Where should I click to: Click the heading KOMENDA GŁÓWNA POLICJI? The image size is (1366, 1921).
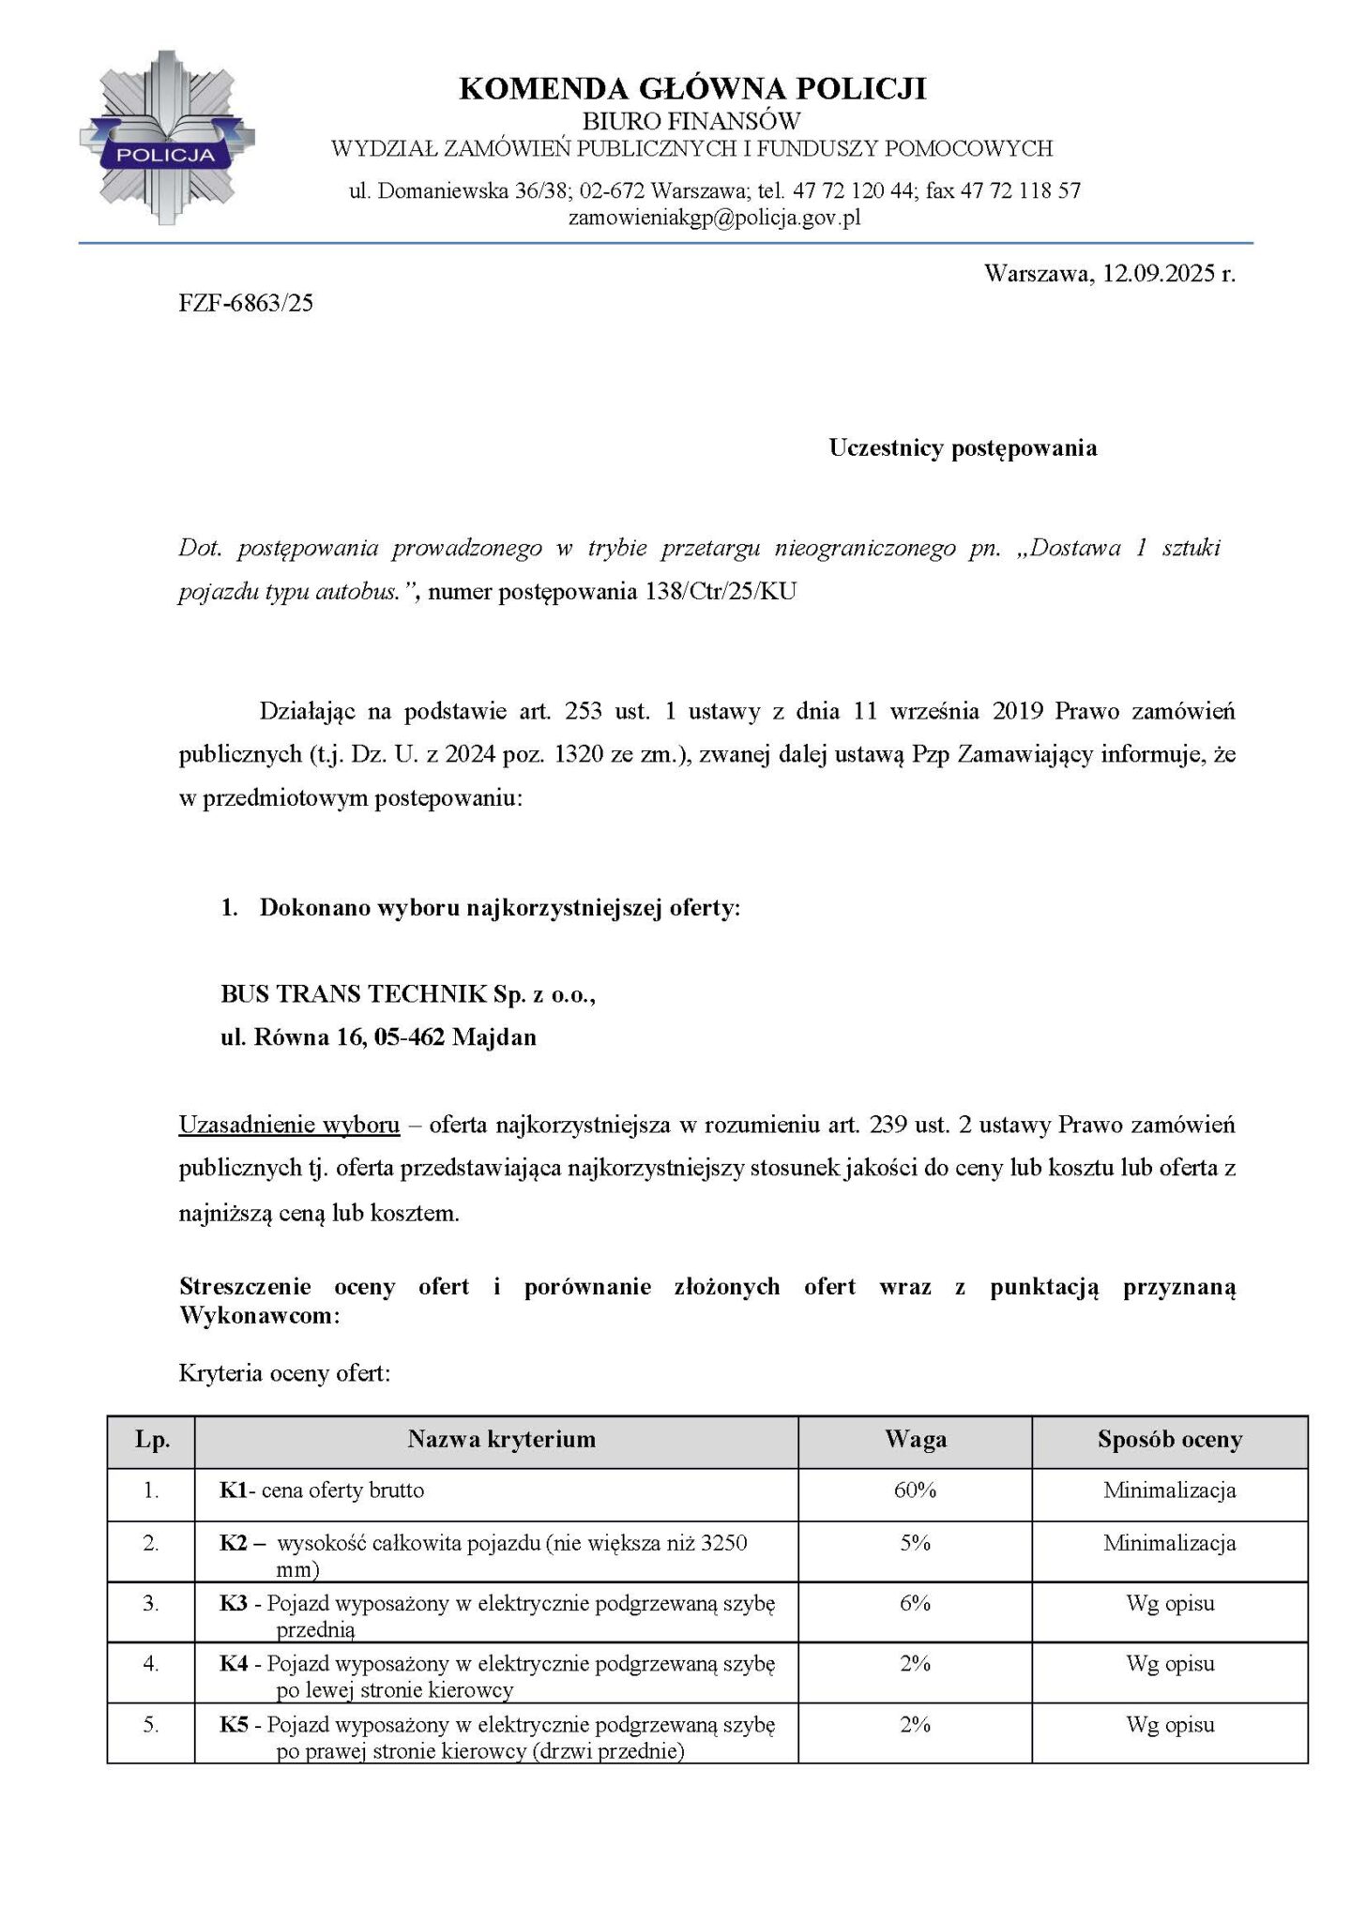692,89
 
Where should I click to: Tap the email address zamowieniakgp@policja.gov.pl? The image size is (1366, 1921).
714,218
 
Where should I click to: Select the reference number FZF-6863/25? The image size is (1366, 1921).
246,303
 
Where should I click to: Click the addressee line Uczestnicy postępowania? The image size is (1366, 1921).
963,447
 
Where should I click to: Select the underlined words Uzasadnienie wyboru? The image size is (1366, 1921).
289,1124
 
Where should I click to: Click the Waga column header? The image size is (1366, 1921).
915,1440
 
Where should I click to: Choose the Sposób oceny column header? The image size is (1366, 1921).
1169,1440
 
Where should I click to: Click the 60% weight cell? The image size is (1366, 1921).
915,1490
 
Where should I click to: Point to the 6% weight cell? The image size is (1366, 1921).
915,1603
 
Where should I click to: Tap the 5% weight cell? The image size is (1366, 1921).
915,1543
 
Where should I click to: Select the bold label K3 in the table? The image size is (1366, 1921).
234,1603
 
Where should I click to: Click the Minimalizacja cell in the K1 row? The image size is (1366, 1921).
1169,1490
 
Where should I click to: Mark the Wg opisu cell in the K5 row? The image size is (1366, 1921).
1169,1724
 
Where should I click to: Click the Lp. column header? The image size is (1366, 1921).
152,1440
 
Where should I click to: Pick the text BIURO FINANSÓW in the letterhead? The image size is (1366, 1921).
691,120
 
